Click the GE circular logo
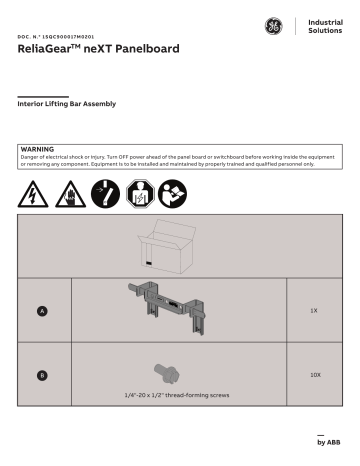coord(274,27)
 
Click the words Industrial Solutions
coord(324,27)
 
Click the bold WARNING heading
coord(37,147)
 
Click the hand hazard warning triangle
coord(67,190)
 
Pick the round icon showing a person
coord(140,190)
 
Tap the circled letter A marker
coord(42,312)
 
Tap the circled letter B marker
coord(42,375)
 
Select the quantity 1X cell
coord(313,311)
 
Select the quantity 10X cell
coord(313,375)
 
